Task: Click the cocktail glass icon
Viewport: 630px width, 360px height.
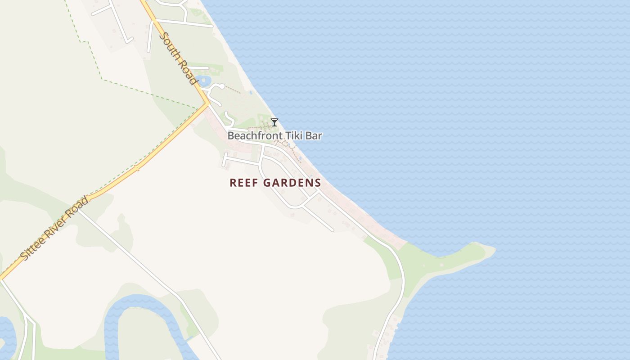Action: [x=274, y=122]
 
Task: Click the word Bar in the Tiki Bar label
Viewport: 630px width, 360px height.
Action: [x=314, y=135]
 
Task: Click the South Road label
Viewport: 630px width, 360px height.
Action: [x=179, y=58]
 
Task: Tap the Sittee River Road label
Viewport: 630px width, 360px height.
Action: [x=54, y=228]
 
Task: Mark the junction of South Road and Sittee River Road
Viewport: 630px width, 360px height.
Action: [x=207, y=104]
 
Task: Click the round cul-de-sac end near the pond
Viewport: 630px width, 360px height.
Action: [x=221, y=86]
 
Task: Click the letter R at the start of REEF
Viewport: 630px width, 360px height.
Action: [x=233, y=183]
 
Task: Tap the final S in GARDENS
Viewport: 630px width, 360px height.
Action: [x=318, y=183]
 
